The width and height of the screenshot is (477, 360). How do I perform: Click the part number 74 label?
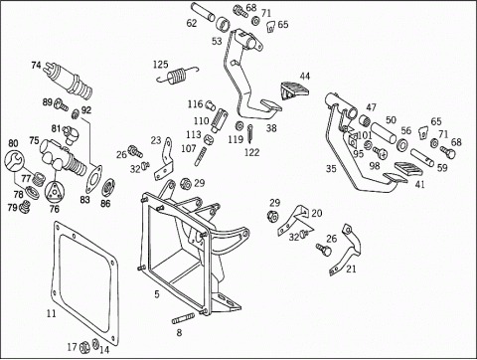click(x=36, y=65)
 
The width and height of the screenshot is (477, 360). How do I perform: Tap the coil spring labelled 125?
click(x=177, y=76)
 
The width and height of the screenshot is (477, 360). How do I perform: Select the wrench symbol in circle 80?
click(x=14, y=160)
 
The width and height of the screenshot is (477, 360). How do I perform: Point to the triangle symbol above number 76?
click(x=54, y=192)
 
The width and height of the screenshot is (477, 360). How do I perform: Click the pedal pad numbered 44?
click(x=294, y=90)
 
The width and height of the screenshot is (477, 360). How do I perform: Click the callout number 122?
click(x=251, y=152)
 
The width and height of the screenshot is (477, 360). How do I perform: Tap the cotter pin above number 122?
click(x=250, y=133)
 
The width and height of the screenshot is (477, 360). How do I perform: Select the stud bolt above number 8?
click(x=183, y=320)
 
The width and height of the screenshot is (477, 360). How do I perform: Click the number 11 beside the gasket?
click(x=52, y=313)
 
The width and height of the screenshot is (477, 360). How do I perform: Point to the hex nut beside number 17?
click(x=83, y=347)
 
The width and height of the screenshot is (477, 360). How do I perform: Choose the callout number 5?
click(x=157, y=293)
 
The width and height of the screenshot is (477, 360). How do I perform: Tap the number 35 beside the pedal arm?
click(x=331, y=169)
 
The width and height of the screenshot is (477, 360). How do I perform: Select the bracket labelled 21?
click(x=347, y=250)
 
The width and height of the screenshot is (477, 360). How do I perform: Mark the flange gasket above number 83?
click(x=94, y=178)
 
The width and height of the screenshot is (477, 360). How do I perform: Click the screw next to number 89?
click(x=61, y=104)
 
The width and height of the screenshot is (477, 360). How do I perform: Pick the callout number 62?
click(x=192, y=23)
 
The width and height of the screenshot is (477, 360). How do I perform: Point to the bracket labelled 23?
click(x=165, y=159)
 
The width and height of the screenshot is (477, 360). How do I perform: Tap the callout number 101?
click(x=365, y=135)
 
